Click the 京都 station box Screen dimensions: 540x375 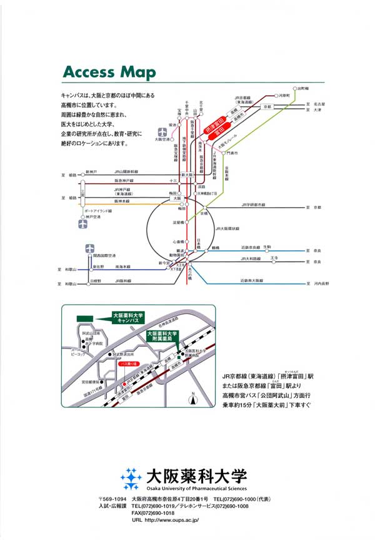click(269, 106)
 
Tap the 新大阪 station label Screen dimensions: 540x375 click(185, 175)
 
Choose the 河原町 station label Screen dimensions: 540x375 click(284, 96)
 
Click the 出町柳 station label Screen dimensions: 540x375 click(304, 88)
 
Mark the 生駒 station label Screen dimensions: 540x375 click(267, 247)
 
